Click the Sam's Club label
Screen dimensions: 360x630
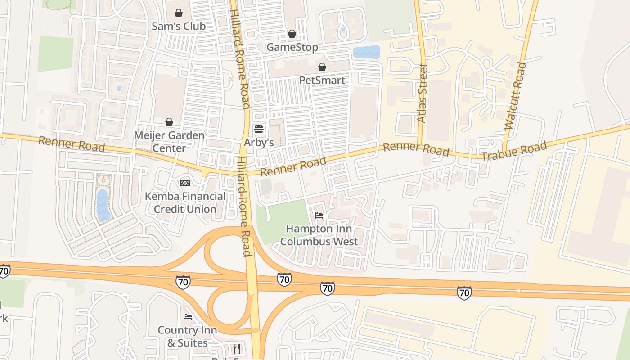click(x=179, y=26)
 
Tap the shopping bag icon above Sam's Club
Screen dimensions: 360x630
click(x=179, y=13)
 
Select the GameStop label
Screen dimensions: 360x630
click(x=292, y=47)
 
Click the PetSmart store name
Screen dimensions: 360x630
click(x=322, y=81)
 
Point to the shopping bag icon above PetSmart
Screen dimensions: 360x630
click(x=322, y=67)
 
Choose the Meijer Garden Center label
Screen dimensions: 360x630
click(x=169, y=142)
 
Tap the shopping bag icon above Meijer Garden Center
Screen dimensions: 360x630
click(x=169, y=122)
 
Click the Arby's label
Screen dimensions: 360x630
click(x=259, y=143)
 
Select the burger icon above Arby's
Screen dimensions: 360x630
click(x=259, y=130)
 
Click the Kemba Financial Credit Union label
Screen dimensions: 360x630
click(x=185, y=203)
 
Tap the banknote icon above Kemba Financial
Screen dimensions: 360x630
click(x=185, y=183)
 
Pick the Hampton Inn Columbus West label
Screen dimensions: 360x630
click(x=319, y=235)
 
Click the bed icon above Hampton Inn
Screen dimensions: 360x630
click(x=319, y=216)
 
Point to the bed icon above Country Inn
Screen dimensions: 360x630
click(x=188, y=317)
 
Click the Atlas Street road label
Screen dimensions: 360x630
click(x=422, y=93)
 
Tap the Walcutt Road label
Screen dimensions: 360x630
click(x=515, y=96)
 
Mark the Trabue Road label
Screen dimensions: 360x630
click(x=514, y=150)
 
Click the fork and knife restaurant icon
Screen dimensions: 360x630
click(x=237, y=348)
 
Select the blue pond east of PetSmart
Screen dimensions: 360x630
click(x=366, y=52)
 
